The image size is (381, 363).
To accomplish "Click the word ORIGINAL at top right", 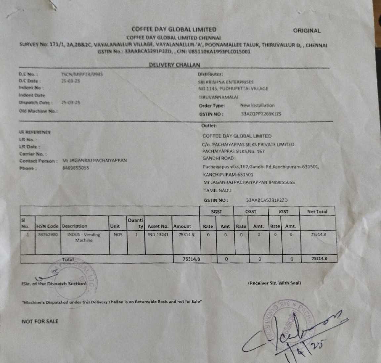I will [x=307, y=31].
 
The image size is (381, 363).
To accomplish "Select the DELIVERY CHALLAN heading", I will [x=174, y=65].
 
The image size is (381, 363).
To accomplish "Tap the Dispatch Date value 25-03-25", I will [x=71, y=102].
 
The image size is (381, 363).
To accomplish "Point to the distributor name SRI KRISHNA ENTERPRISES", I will [x=226, y=82].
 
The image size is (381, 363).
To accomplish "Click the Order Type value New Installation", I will [x=257, y=106].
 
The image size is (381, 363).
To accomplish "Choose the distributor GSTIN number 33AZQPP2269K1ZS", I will [x=261, y=114].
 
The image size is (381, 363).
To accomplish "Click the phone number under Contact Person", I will [x=75, y=168].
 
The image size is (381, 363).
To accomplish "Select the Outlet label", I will [x=209, y=126].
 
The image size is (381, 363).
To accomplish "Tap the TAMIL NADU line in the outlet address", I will [x=217, y=190].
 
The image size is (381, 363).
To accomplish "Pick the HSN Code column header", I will [x=48, y=226].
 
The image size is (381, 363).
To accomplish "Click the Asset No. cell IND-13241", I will [x=158, y=235].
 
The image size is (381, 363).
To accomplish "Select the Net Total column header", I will [x=317, y=212].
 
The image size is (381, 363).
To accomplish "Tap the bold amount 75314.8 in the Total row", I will [x=191, y=259].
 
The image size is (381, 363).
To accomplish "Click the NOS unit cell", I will [x=118, y=235].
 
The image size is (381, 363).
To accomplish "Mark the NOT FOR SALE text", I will [x=40, y=321].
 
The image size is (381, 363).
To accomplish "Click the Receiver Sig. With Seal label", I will [x=275, y=283].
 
